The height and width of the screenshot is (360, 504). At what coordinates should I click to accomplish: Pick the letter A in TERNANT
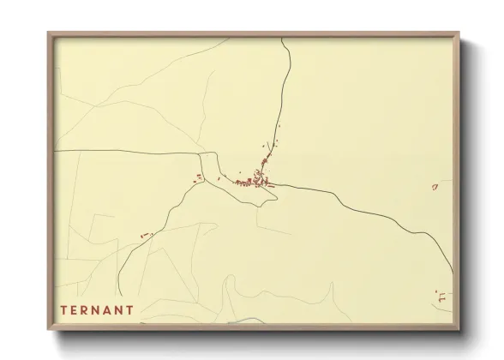106,309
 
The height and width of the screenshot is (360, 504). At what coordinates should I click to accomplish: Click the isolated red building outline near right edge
435,185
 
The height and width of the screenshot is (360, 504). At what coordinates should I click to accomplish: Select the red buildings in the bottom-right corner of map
441,297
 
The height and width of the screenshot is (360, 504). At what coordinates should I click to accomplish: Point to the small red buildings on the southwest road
144,235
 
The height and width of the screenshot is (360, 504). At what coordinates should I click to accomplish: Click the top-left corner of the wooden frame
48,33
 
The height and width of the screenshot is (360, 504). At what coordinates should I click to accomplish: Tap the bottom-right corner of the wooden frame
459,330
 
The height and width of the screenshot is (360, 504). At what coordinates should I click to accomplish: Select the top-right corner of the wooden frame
459,33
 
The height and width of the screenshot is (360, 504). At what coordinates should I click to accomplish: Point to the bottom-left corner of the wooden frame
48,330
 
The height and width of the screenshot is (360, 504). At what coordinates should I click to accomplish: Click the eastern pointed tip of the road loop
278,196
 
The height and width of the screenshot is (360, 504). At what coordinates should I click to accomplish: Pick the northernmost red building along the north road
279,126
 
